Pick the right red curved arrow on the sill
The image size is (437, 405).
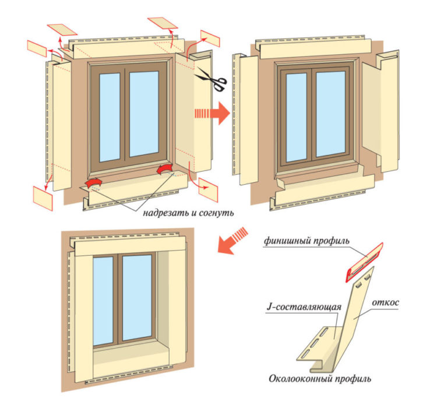point(165,170)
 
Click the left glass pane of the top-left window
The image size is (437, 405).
point(110,117)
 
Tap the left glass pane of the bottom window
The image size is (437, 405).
point(103,300)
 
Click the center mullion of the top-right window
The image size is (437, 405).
point(312,116)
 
